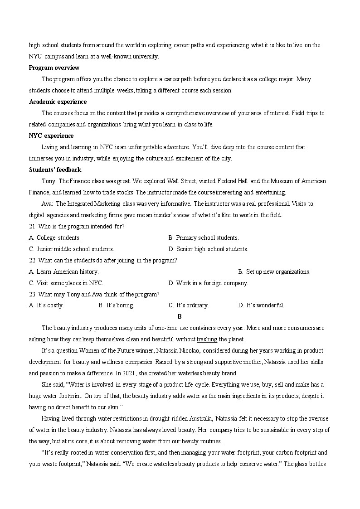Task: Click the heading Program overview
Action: click(x=54, y=68)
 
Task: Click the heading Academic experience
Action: click(x=58, y=102)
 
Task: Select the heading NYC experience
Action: click(x=51, y=136)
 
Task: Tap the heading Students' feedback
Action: click(x=55, y=170)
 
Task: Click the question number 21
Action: click(x=32, y=227)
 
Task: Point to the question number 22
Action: click(x=32, y=261)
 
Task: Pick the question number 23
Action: click(x=32, y=295)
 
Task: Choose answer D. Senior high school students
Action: click(x=208, y=249)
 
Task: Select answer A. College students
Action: click(x=55, y=238)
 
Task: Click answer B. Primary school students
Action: click(x=203, y=238)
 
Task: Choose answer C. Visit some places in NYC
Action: click(x=66, y=283)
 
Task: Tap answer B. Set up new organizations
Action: click(x=274, y=272)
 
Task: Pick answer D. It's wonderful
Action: click(x=261, y=305)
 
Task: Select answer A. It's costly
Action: click(x=46, y=305)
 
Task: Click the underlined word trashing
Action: click(x=207, y=339)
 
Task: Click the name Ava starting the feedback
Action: click(x=47, y=204)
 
